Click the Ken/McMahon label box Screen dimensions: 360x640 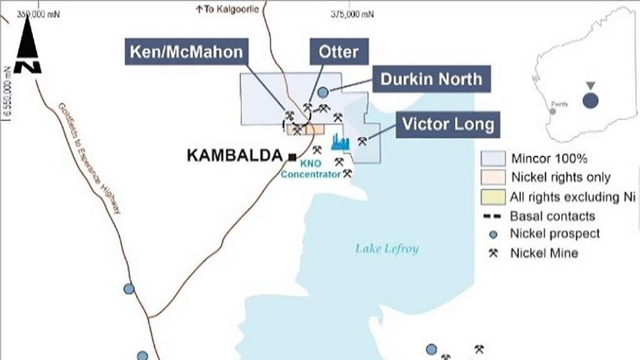185,51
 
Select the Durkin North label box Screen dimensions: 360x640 432,79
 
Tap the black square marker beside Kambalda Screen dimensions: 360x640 292,156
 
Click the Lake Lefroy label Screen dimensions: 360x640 386,249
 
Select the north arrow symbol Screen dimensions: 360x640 27,47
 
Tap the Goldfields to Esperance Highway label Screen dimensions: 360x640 89,160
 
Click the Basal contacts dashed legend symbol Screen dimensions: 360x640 492,217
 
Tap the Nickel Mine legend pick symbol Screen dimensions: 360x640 492,253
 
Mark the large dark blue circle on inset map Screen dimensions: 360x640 590,100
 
